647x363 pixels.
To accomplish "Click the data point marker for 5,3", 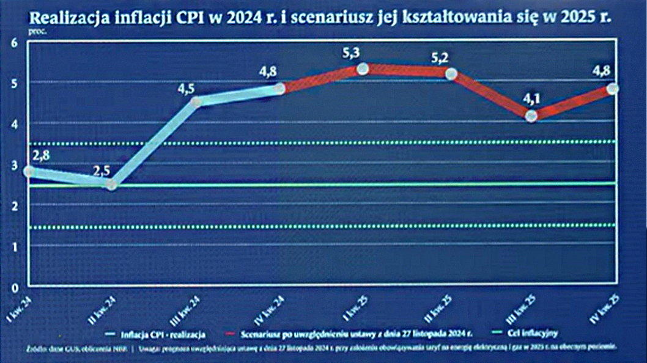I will coord(362,69).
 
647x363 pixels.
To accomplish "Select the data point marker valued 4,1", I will coord(531,116).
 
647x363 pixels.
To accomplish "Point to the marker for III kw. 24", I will coord(196,102).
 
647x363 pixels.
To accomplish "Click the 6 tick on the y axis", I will coord(14,42).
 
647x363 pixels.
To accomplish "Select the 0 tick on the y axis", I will coord(14,287).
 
